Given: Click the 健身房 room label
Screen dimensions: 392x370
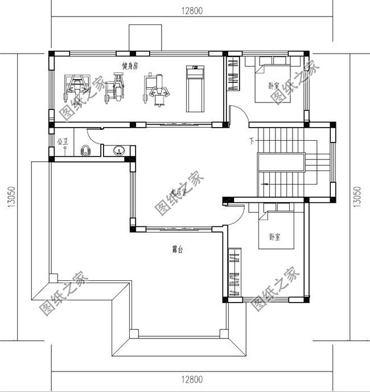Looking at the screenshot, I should (x=130, y=66).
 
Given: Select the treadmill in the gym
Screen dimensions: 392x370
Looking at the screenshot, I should (x=195, y=88).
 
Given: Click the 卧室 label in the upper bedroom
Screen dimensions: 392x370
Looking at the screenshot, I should (x=274, y=87).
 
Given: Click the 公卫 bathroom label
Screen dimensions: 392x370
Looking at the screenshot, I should (x=62, y=141).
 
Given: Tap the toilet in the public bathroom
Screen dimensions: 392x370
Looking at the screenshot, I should (x=86, y=150).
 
